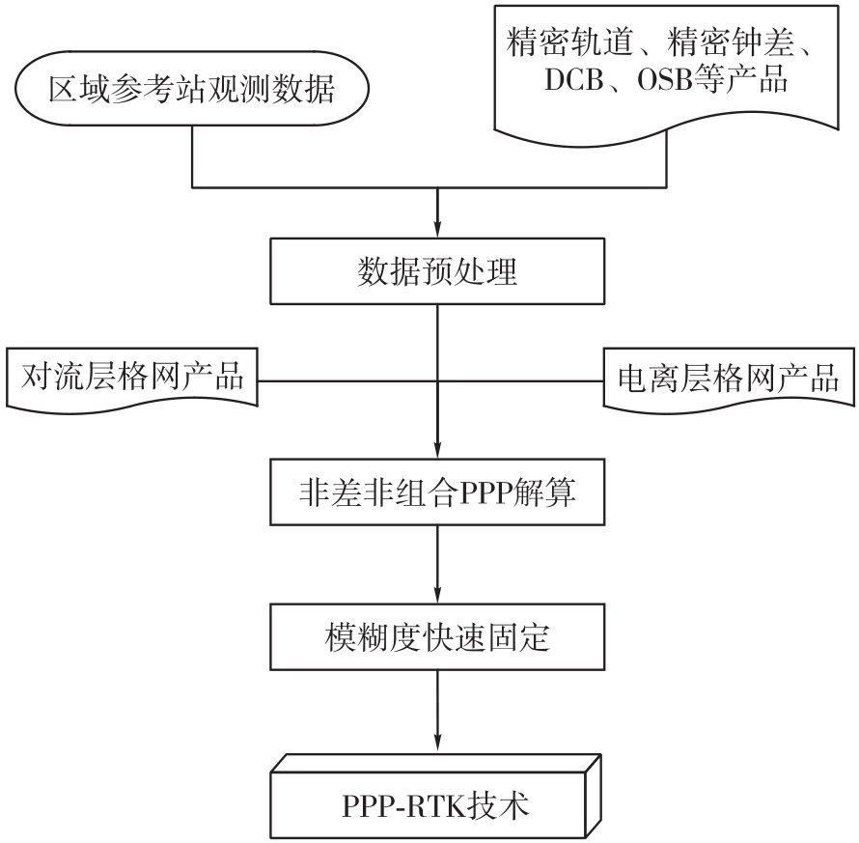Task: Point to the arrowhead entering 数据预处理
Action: tap(437, 230)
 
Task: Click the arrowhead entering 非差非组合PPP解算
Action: tap(437, 451)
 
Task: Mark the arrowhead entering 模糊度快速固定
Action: tap(437, 596)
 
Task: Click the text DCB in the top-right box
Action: tap(573, 80)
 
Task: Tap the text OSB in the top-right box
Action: tap(665, 80)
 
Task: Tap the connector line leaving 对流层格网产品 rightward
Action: tap(347, 380)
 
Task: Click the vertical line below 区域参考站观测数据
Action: tap(192, 156)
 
